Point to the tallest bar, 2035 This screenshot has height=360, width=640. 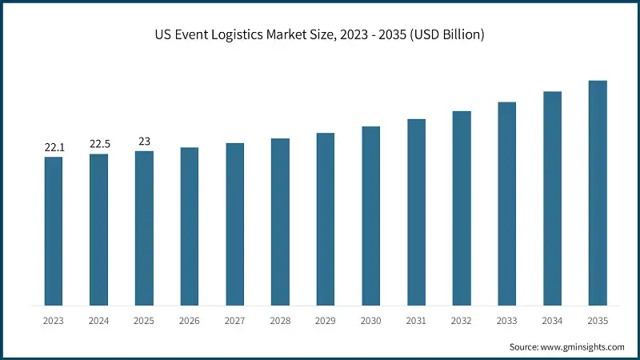coord(598,193)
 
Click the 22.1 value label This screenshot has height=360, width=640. coord(54,148)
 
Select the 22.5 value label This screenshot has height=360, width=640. coord(99,144)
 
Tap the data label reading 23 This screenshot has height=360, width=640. coord(144,141)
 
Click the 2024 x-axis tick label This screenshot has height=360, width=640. coord(99,321)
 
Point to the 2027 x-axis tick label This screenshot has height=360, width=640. coord(235,321)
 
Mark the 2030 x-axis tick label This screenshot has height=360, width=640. coord(371,321)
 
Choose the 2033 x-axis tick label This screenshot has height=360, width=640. coord(507,321)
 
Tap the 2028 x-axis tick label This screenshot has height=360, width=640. coord(280,321)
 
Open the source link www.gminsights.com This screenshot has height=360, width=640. coord(582,346)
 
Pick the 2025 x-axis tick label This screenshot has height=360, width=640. coord(144,321)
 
